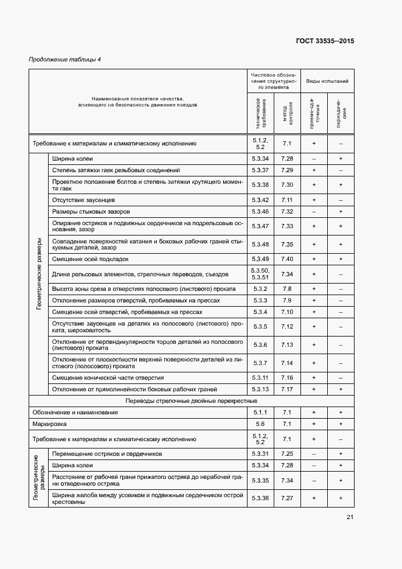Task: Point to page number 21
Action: [x=350, y=517]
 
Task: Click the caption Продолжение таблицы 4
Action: [x=65, y=59]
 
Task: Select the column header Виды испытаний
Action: [x=327, y=80]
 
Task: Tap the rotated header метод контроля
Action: [x=287, y=114]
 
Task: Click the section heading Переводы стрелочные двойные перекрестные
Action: [x=191, y=401]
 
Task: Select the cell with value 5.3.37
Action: [x=260, y=170]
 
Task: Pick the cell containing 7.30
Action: [x=287, y=184]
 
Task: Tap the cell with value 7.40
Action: [x=287, y=259]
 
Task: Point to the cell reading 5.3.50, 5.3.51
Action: [x=260, y=273]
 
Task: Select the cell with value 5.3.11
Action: [x=260, y=377]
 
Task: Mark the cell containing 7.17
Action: [x=287, y=389]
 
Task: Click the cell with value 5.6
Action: [x=260, y=424]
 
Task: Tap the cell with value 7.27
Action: [x=287, y=498]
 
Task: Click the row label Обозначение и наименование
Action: [x=75, y=412]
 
